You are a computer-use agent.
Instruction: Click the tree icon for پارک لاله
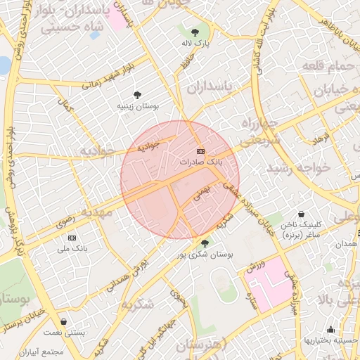point(195,31)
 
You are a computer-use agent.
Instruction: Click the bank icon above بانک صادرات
point(200,151)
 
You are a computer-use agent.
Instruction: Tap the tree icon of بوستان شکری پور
point(205,243)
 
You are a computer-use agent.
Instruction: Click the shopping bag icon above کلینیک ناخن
point(301,214)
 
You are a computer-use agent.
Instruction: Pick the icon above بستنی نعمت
point(64,321)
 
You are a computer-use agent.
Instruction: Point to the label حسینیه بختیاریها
point(330,340)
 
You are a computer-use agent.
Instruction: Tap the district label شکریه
point(136,304)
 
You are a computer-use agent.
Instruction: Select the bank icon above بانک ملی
point(72,238)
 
